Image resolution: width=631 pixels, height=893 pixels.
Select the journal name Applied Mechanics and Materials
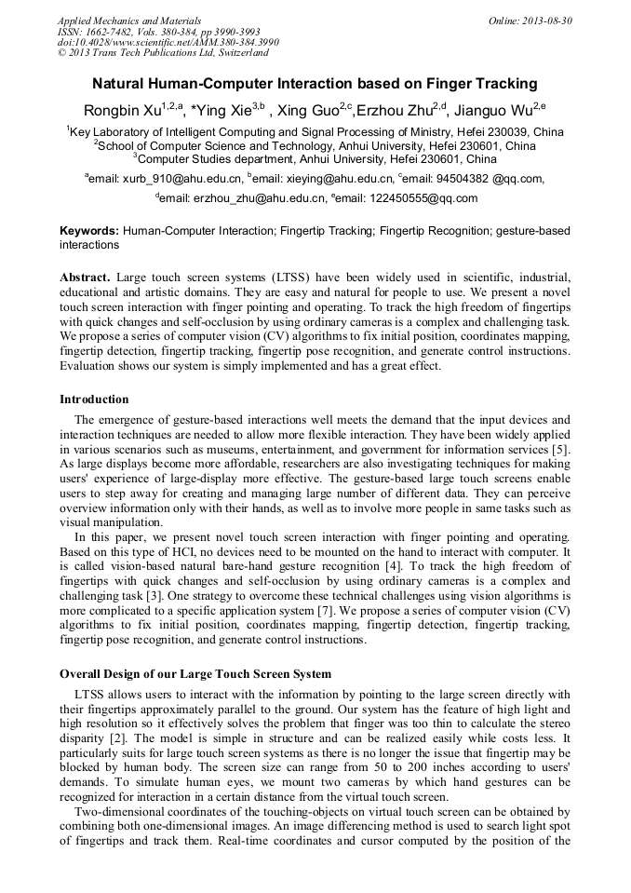[x=129, y=20]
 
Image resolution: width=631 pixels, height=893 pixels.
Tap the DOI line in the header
[x=168, y=43]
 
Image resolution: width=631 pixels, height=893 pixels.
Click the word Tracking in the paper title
[x=503, y=84]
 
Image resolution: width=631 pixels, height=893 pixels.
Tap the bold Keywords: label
[x=89, y=230]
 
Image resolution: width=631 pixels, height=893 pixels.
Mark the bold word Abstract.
[x=86, y=277]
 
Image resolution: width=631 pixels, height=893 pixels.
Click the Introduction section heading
[x=94, y=399]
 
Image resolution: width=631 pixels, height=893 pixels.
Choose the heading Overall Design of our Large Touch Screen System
[x=195, y=673]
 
